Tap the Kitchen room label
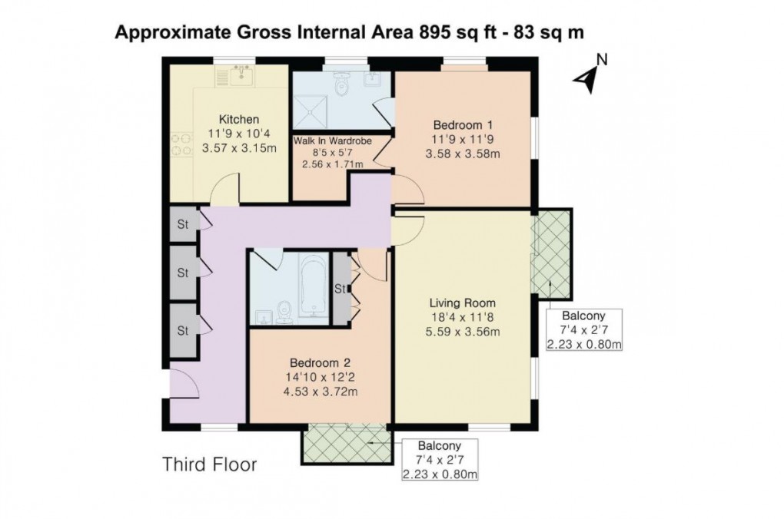point(239,119)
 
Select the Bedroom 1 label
point(462,125)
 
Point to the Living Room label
point(462,302)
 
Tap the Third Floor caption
point(209,464)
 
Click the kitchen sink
point(244,75)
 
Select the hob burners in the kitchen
point(180,145)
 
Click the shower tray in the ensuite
point(312,110)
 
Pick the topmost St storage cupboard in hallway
point(183,224)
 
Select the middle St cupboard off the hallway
point(183,272)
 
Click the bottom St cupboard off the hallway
point(183,331)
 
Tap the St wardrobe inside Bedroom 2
point(339,289)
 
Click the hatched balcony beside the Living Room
point(552,253)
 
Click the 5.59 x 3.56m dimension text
point(462,332)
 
